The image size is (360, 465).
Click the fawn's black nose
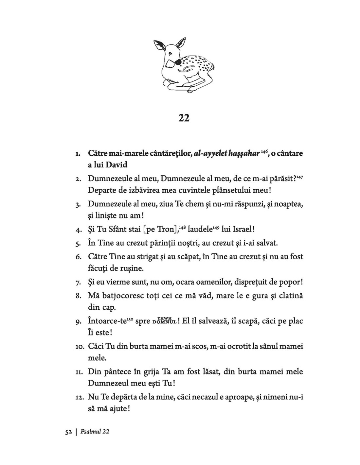point(177,61)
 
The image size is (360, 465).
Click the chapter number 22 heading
point(184,118)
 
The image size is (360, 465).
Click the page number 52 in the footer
point(68,432)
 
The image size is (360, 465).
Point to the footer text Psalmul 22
point(95,432)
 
